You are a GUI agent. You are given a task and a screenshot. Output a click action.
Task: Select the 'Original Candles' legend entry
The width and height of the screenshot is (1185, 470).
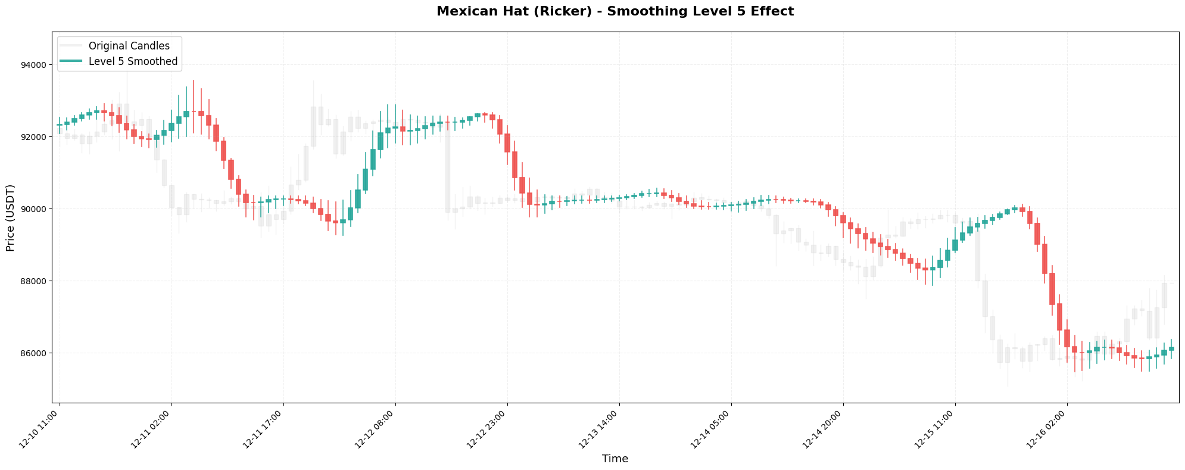[x=129, y=45]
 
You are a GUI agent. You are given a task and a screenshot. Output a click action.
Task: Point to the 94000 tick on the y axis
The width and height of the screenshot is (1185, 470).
[x=37, y=65]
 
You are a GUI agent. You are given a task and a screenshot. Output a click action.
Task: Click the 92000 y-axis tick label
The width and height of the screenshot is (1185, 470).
[x=37, y=137]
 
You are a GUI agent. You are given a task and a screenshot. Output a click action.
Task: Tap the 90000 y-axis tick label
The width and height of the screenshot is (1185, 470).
[x=37, y=209]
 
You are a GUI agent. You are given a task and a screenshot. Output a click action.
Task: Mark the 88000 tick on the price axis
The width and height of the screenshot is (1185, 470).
[x=37, y=281]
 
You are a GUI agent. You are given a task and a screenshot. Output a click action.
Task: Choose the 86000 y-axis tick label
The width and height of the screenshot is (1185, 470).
[x=37, y=353]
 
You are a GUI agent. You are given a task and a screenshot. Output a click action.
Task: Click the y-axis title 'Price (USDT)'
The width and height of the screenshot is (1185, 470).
[x=10, y=218]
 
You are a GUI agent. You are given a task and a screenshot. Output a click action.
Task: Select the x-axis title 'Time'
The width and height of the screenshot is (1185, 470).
[x=615, y=459]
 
